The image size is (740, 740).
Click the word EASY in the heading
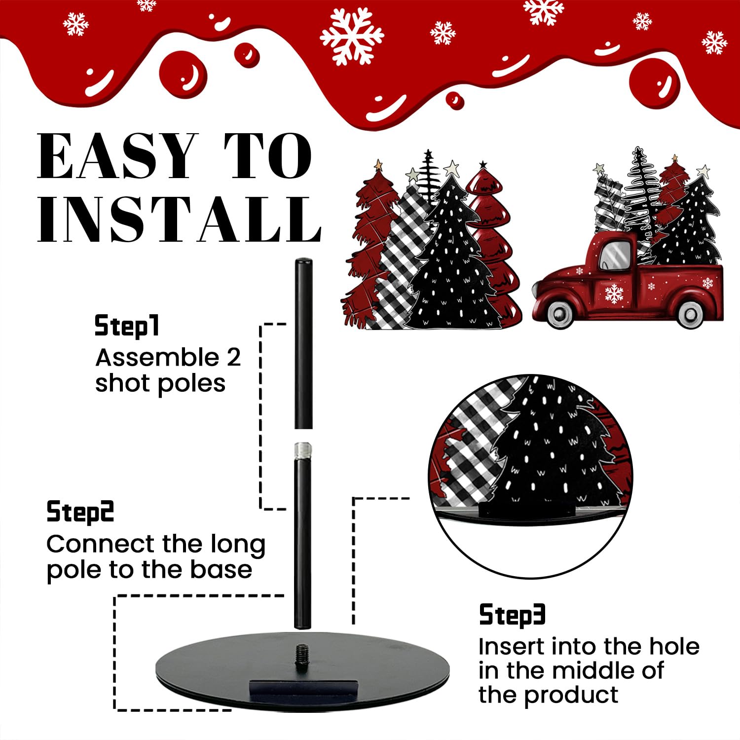pyautogui.click(x=117, y=156)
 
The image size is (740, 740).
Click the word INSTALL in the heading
pyautogui.click(x=180, y=219)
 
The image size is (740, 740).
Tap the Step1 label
pyautogui.click(x=127, y=326)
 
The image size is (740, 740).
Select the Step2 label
pyautogui.click(x=80, y=512)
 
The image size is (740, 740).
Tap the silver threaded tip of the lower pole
pyautogui.click(x=302, y=450)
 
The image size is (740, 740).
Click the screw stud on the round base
pyautogui.click(x=302, y=651)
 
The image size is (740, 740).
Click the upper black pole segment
pyautogui.click(x=303, y=343)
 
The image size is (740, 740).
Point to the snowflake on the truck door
pyautogui.click(x=614, y=293)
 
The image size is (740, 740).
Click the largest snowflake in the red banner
pyautogui.click(x=351, y=36)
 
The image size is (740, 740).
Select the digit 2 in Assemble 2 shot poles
pyautogui.click(x=233, y=357)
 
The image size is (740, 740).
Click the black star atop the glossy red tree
pyautogui.click(x=483, y=164)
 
